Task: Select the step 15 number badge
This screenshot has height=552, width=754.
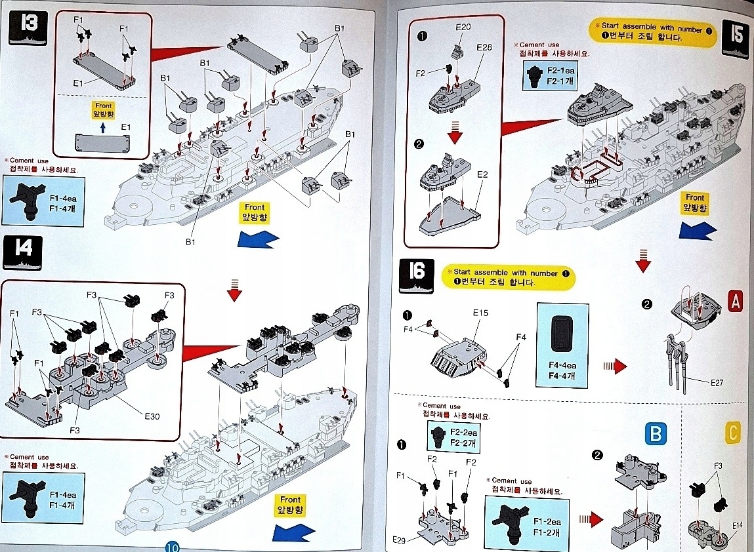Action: coord(734,39)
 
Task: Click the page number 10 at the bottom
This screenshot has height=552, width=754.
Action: coord(173,546)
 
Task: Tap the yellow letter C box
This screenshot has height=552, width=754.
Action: coord(734,433)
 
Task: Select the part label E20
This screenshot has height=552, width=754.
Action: coord(464,28)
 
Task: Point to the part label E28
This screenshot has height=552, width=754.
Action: coord(484,47)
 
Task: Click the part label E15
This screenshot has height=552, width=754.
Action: coord(480,313)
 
